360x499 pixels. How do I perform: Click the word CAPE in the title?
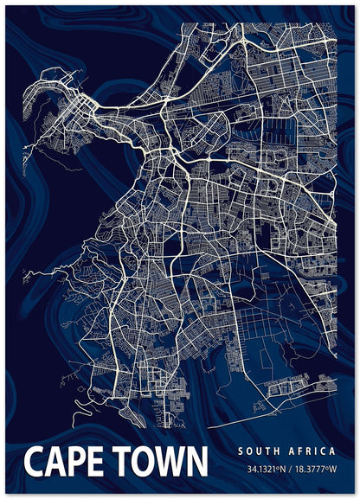(66, 462)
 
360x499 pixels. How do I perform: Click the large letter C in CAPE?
(35, 462)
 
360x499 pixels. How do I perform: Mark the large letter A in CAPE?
(55, 462)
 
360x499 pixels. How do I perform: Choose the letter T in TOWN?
(122, 462)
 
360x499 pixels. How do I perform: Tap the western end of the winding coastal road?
(26, 277)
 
